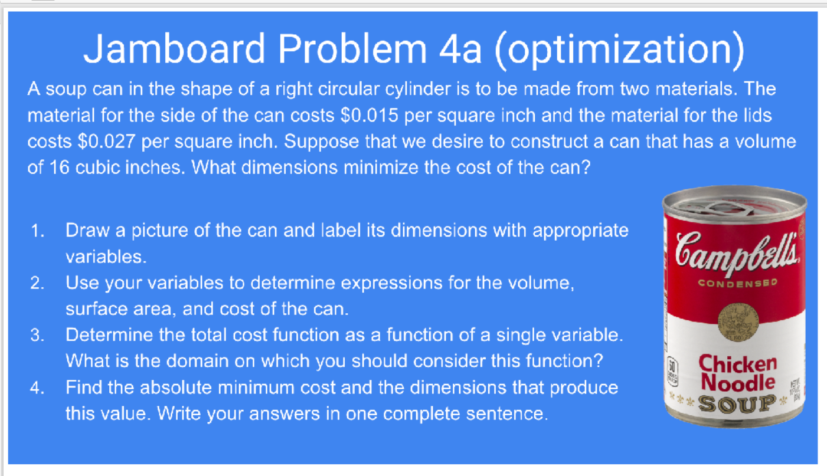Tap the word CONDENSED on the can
[x=738, y=283]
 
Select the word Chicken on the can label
[x=738, y=363]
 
